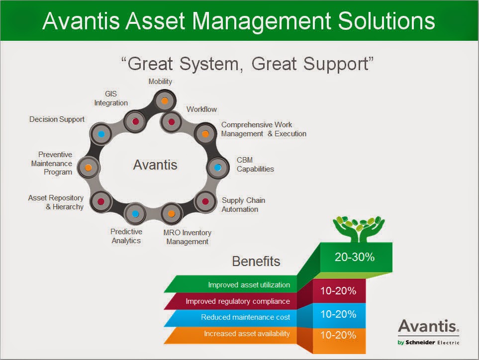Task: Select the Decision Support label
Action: point(57,119)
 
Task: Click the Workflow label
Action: point(201,109)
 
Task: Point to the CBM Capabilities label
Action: point(255,164)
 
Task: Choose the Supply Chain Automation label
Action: point(243,204)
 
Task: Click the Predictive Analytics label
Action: point(126,236)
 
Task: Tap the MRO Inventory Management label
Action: point(187,237)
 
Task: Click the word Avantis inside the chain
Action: point(155,165)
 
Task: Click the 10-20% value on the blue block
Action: point(338,314)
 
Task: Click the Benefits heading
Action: point(256,261)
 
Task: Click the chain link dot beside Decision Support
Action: point(101,134)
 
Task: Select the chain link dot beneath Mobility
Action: point(164,101)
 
